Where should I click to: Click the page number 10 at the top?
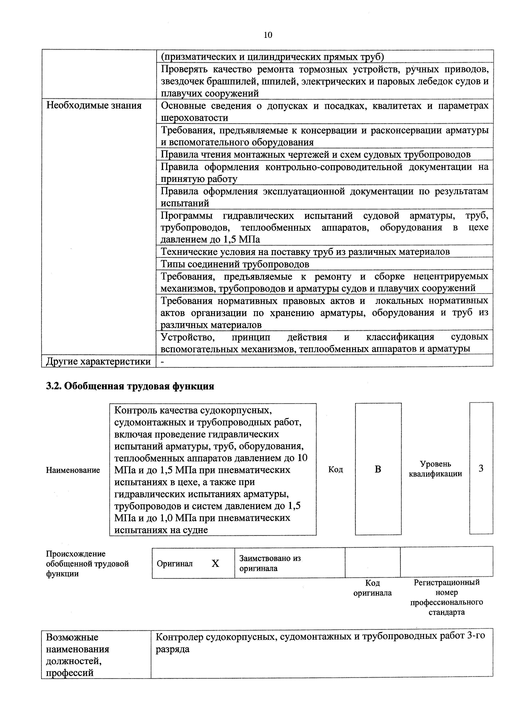[268, 35]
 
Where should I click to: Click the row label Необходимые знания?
[94, 105]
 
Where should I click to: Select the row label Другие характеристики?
[98, 362]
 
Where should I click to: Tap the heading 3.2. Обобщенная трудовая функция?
[130, 386]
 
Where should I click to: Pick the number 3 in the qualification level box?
[481, 469]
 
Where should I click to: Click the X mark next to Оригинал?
[215, 564]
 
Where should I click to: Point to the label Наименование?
[73, 470]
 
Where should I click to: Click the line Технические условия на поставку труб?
[305, 252]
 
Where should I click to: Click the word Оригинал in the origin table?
[175, 564]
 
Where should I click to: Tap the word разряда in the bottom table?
[173, 649]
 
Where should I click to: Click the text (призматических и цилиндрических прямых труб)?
[272, 57]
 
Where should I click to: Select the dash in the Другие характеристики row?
[162, 362]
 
